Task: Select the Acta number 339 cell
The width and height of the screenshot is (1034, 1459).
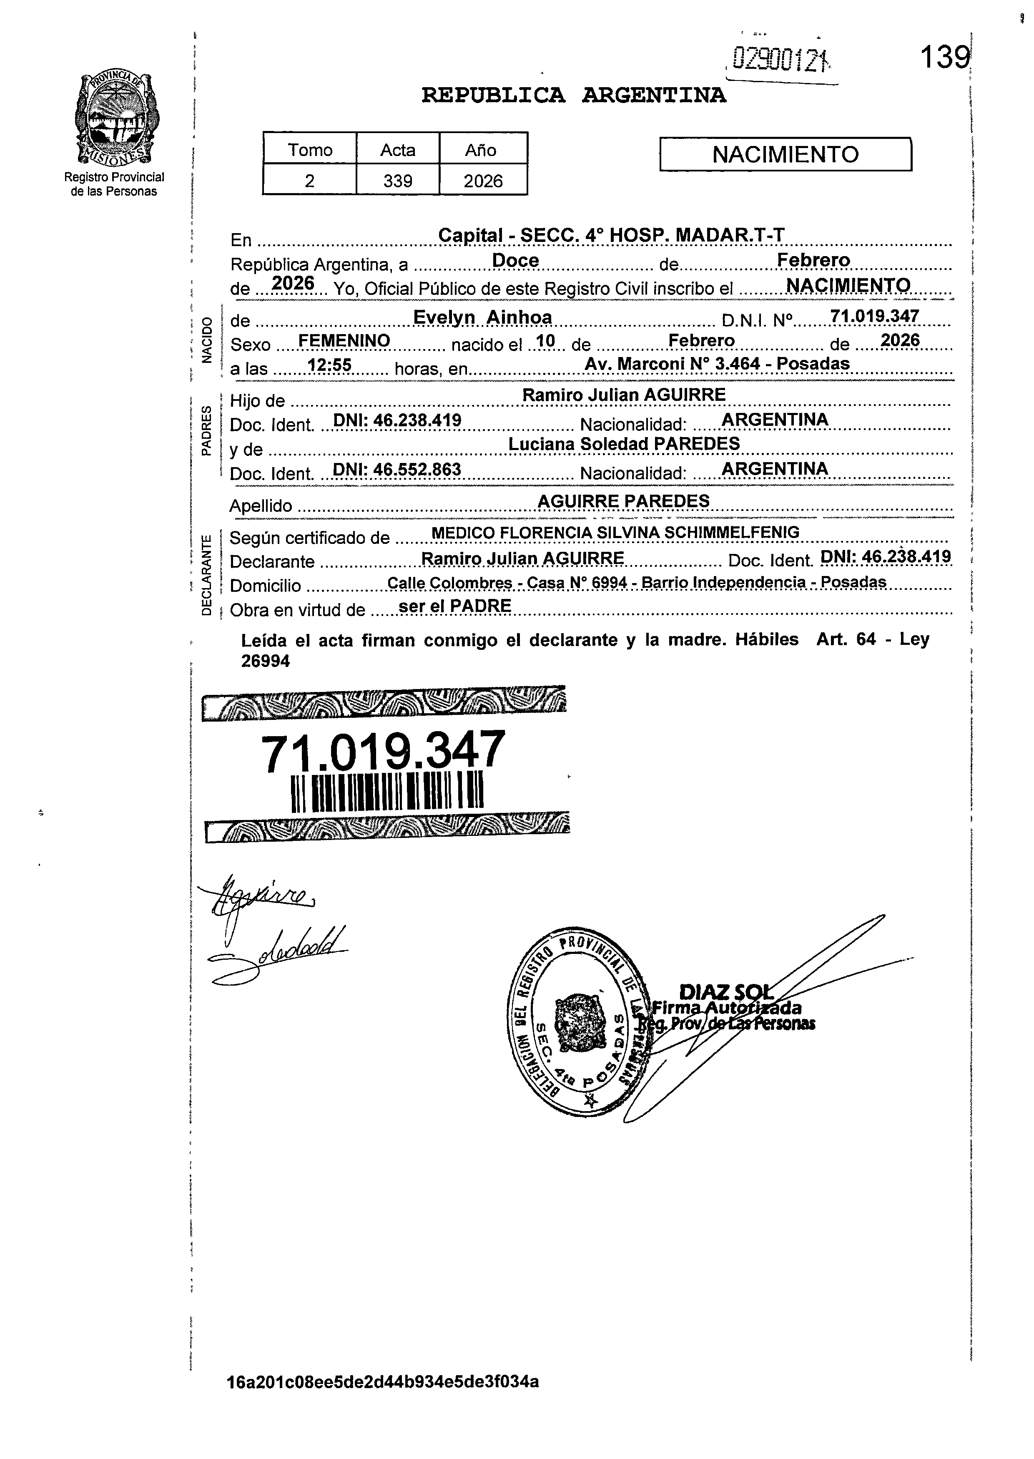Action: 397,181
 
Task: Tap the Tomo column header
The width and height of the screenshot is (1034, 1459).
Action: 310,150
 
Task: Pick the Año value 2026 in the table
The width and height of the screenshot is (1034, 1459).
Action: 483,181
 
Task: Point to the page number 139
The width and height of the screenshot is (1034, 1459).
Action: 944,58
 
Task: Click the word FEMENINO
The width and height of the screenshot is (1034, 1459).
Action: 344,341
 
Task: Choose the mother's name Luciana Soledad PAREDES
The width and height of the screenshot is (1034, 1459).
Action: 624,443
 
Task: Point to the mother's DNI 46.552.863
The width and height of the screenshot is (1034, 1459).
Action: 397,469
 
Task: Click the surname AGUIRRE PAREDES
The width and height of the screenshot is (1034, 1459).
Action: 623,501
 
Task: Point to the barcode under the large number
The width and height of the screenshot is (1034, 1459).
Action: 387,793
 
